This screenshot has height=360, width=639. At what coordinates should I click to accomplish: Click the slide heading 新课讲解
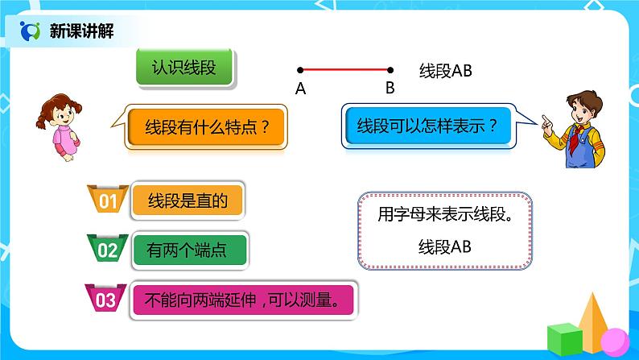click(x=80, y=31)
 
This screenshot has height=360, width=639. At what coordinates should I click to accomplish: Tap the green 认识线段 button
click(x=184, y=68)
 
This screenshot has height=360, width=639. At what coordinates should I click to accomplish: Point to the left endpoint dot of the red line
click(x=300, y=70)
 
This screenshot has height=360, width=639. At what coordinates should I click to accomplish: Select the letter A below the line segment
click(x=300, y=89)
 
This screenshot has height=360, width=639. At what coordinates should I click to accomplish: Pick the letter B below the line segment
click(x=390, y=89)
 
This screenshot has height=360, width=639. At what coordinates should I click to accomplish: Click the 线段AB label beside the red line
click(x=445, y=71)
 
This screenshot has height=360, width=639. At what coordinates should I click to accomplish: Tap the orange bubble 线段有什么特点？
click(x=205, y=126)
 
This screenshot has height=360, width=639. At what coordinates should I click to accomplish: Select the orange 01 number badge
click(x=108, y=202)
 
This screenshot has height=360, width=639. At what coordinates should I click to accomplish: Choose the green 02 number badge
click(x=108, y=250)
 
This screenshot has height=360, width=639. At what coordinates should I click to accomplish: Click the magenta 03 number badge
click(x=106, y=300)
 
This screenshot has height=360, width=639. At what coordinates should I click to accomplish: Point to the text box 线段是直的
click(x=187, y=201)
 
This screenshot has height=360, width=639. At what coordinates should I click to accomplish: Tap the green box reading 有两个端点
click(x=187, y=250)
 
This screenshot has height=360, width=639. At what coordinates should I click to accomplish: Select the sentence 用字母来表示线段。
click(x=444, y=216)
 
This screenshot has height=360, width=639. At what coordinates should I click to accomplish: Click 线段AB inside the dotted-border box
click(x=444, y=246)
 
